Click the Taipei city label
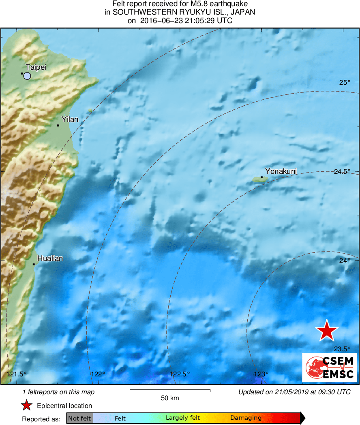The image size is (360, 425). pyautogui.click(x=36, y=67)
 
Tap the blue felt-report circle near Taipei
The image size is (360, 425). pyautogui.click(x=27, y=76)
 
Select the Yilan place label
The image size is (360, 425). pyautogui.click(x=70, y=119)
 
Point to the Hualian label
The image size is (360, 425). pyautogui.click(x=50, y=258)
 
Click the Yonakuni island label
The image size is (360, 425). pyautogui.click(x=281, y=171)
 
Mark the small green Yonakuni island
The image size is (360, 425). pyautogui.click(x=260, y=179)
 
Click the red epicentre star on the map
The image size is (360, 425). pyautogui.click(x=327, y=331)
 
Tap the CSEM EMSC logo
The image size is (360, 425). pyautogui.click(x=329, y=367)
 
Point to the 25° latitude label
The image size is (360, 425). pyautogui.click(x=345, y=83)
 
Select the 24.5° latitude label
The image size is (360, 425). pyautogui.click(x=342, y=171)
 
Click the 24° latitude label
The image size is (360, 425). pyautogui.click(x=345, y=261)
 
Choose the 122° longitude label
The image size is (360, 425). pyautogui.click(x=98, y=374)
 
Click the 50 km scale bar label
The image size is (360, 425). pyautogui.click(x=170, y=398)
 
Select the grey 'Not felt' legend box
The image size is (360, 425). pyautogui.click(x=80, y=418)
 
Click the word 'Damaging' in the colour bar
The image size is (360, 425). pyautogui.click(x=246, y=418)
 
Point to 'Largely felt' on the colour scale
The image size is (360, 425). pyautogui.click(x=182, y=418)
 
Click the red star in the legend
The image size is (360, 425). pyautogui.click(x=27, y=406)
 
